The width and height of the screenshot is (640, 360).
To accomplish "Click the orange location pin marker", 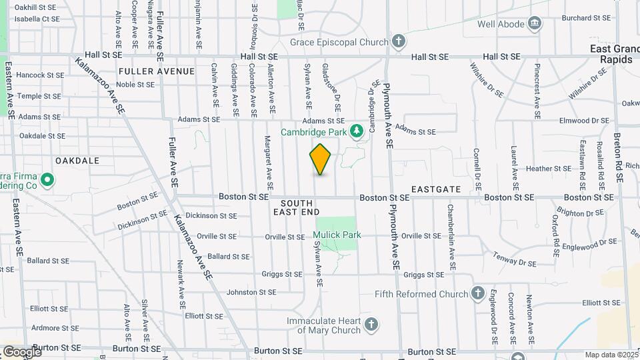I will (x=321, y=159).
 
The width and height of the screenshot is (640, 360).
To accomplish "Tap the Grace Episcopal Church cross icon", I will (x=399, y=42).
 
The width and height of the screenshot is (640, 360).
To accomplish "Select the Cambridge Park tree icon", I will (x=356, y=128).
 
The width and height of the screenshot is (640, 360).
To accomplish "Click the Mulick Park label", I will (x=337, y=235).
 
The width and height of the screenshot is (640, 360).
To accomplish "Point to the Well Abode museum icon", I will (x=533, y=25).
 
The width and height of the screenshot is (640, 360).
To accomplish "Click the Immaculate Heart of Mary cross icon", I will (x=371, y=325).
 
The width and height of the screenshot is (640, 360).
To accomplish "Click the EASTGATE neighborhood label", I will (x=436, y=189).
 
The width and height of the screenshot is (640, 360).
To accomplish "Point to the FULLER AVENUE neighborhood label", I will (x=156, y=71).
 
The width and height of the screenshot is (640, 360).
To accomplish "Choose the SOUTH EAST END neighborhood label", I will (x=297, y=207).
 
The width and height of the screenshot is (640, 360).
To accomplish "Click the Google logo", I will (x=21, y=351).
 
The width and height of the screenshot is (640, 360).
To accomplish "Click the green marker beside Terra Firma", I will (x=47, y=180).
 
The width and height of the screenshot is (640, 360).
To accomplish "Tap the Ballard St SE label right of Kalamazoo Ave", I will (x=228, y=256).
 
